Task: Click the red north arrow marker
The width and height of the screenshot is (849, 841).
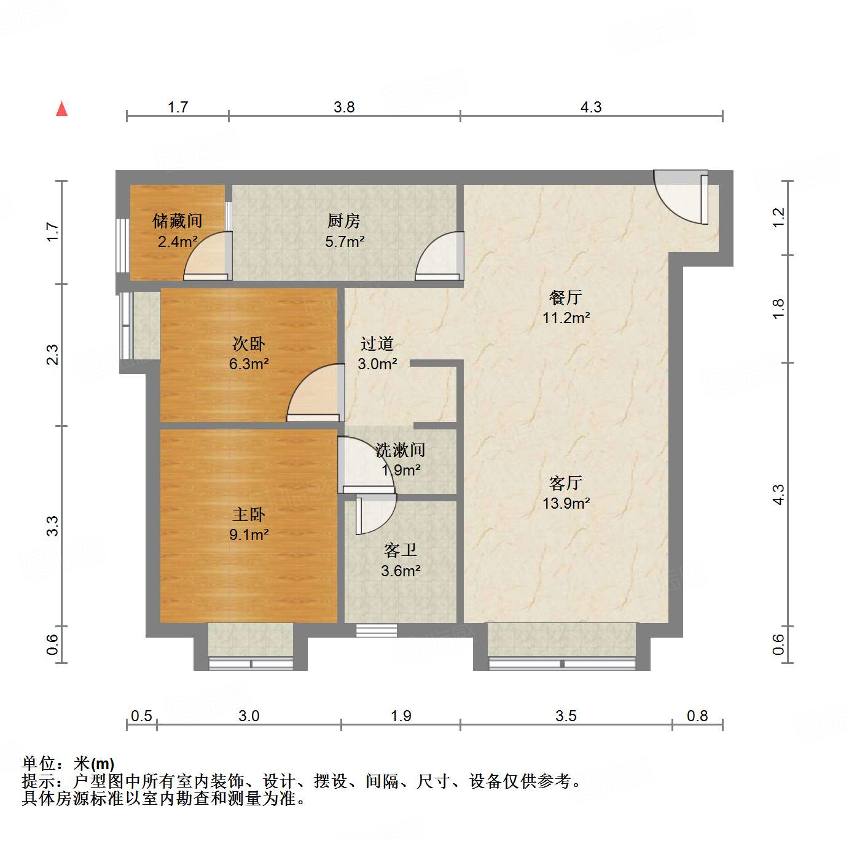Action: click(61, 109)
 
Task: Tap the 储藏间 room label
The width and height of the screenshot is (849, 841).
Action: click(178, 221)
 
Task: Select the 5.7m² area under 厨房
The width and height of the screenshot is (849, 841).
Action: click(345, 241)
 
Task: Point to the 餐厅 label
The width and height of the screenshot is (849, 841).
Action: click(566, 297)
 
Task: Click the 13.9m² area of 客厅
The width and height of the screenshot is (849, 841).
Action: click(566, 504)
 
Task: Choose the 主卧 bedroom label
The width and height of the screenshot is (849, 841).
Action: click(249, 514)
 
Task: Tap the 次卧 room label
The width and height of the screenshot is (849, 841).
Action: click(249, 343)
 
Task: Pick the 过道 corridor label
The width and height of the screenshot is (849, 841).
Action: click(377, 343)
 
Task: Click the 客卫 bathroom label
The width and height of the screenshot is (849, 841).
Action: click(401, 550)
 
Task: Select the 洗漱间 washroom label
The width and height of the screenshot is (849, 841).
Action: click(401, 450)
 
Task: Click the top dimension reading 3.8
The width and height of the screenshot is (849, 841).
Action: click(344, 108)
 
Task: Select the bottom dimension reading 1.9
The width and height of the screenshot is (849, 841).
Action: click(401, 716)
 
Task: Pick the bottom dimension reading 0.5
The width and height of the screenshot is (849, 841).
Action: click(141, 716)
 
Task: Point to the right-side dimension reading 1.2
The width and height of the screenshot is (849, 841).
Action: click(778, 217)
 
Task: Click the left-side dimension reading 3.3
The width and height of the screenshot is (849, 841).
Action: click(53, 526)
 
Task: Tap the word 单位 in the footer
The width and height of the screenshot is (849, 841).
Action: click(39, 764)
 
